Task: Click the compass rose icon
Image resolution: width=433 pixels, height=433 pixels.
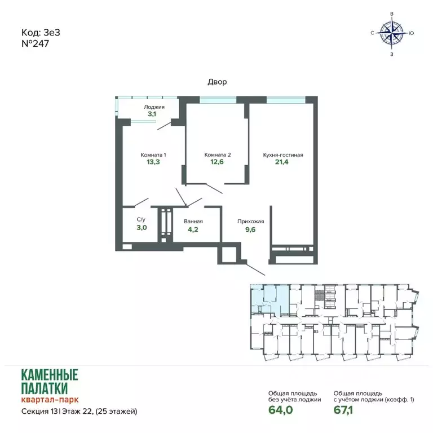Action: [x=392, y=33]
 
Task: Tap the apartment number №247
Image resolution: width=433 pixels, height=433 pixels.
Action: [x=35, y=43]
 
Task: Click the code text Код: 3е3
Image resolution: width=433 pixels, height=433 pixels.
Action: [x=41, y=33]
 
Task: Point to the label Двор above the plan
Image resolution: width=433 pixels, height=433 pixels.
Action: [x=217, y=82]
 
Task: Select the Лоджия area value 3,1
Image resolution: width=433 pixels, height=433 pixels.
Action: [x=152, y=114]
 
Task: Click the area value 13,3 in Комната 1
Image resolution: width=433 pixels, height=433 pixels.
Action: [x=153, y=162]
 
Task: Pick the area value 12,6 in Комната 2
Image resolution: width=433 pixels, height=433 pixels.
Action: [x=217, y=162]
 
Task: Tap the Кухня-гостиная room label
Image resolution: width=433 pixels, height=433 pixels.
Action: [x=283, y=155]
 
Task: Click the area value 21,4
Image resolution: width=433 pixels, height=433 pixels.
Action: [x=282, y=162]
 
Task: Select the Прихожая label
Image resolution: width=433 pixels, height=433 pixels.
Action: [x=251, y=222]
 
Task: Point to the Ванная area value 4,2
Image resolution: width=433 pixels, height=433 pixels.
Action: [x=193, y=229]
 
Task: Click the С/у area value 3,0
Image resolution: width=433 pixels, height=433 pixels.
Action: [x=142, y=228]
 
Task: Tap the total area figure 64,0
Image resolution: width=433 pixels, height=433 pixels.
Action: [x=281, y=410]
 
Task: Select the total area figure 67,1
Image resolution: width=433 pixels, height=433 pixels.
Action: [x=343, y=410]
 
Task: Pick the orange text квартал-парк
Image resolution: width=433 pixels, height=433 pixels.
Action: [x=50, y=399]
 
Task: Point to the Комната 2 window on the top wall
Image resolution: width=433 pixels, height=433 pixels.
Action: [x=218, y=100]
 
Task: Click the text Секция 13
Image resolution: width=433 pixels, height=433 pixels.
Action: [x=39, y=412]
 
